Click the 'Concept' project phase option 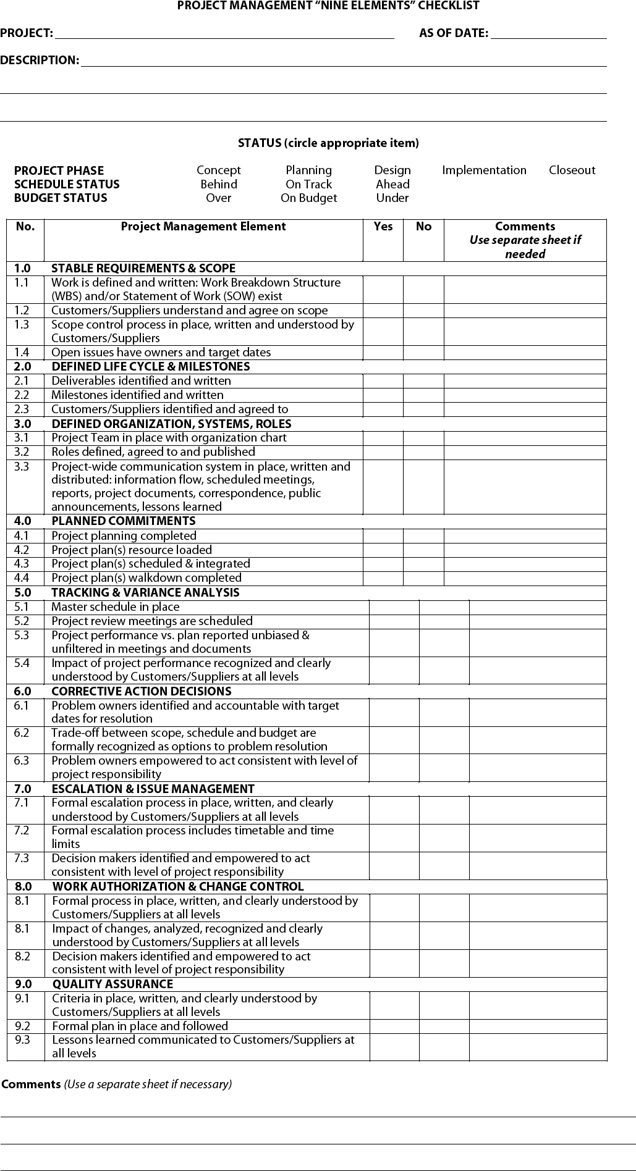[218, 170]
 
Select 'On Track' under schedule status [308, 184]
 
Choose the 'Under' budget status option [392, 198]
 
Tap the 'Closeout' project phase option [572, 170]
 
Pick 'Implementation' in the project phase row [484, 170]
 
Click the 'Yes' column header [383, 227]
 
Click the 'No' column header [423, 227]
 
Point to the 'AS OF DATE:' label [454, 33]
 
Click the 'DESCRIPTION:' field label [40, 61]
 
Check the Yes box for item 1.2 [383, 311]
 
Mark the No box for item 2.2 [423, 395]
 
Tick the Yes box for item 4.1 [383, 536]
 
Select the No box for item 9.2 [444, 1026]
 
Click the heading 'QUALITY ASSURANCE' [112, 984]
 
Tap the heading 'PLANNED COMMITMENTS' [123, 521]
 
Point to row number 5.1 [22, 607]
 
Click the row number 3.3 [22, 467]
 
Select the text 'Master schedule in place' [115, 607]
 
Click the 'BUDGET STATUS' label [61, 198]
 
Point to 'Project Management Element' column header [203, 227]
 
